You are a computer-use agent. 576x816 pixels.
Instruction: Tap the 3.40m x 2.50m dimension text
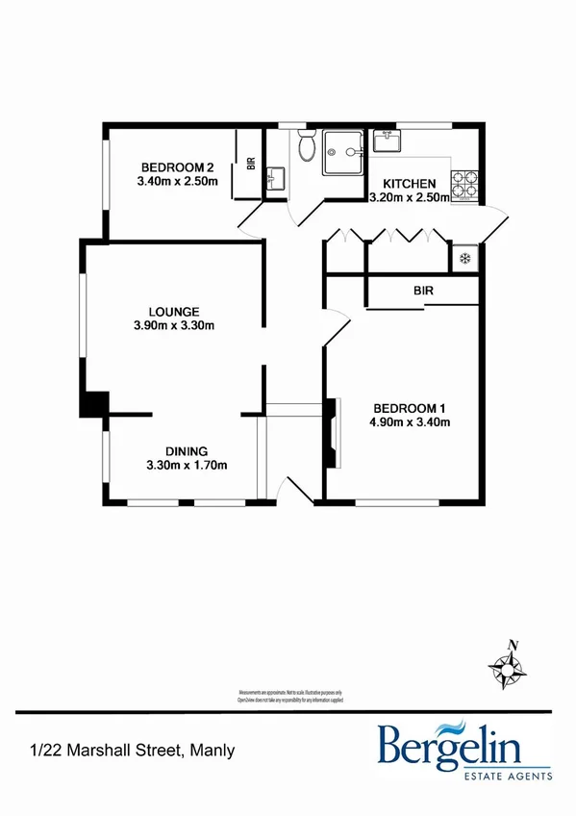click(178, 180)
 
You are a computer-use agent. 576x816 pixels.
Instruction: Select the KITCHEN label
click(410, 184)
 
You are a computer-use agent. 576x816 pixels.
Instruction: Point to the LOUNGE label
click(173, 311)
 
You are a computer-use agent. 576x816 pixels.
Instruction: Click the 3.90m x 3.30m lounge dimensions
click(174, 326)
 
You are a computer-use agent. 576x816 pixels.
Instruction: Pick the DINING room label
click(187, 451)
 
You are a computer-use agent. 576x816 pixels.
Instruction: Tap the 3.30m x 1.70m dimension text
click(187, 467)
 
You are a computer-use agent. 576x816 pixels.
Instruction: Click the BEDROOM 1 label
click(408, 406)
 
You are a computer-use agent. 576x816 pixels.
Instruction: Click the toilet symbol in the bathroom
click(307, 148)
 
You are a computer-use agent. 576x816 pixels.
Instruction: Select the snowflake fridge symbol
click(463, 258)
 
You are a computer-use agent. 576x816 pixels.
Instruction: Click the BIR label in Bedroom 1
click(422, 289)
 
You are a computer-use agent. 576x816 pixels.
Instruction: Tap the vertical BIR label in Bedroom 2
click(250, 165)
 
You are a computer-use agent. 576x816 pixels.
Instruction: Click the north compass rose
click(506, 663)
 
